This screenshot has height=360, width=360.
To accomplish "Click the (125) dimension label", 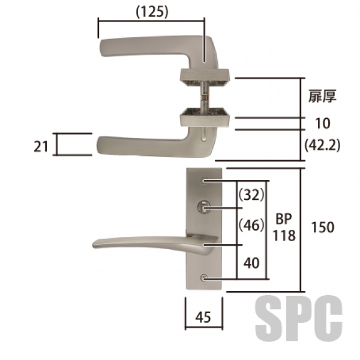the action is pyautogui.click(x=152, y=12).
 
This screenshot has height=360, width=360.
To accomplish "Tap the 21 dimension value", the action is pyautogui.click(x=41, y=146).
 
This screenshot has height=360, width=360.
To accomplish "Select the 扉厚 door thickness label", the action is pyautogui.click(x=322, y=96).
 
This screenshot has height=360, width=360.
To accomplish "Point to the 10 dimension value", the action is pyautogui.click(x=323, y=123).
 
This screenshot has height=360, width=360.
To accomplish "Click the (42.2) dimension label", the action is pyautogui.click(x=322, y=146).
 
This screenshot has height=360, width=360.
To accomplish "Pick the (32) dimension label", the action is pyautogui.click(x=252, y=195).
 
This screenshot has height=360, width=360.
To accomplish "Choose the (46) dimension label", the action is pyautogui.click(x=252, y=225).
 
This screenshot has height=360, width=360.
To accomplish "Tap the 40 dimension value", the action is pyautogui.click(x=251, y=263).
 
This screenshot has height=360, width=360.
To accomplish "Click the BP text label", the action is pyautogui.click(x=284, y=219).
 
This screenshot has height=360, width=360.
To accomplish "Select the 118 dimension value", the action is pyautogui.click(x=284, y=236).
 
